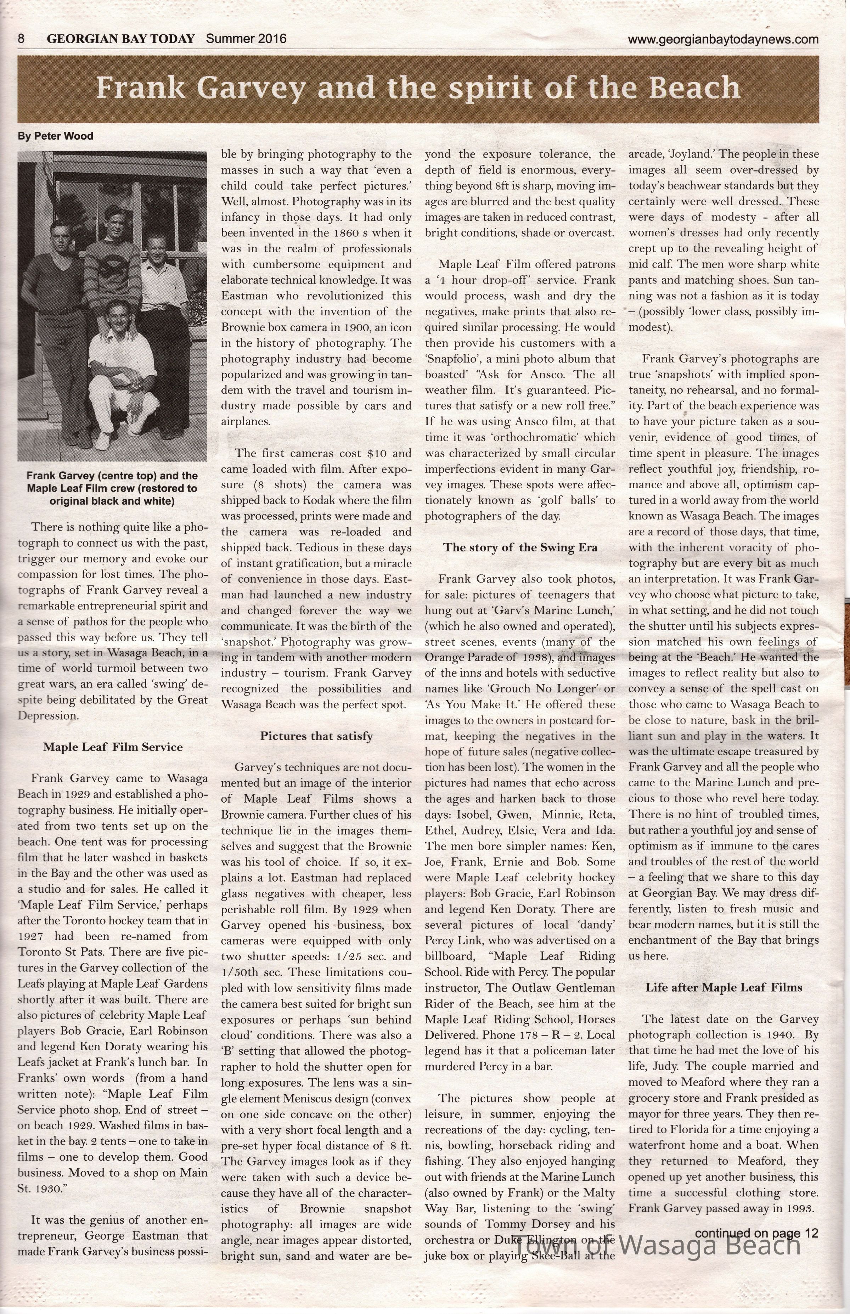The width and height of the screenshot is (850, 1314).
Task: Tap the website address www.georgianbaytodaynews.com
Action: (x=723, y=39)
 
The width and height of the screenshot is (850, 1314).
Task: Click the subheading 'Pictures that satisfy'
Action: (x=316, y=736)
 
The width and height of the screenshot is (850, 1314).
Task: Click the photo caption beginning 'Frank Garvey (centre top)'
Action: (x=112, y=488)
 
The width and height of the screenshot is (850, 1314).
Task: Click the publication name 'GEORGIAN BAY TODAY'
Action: (x=121, y=39)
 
